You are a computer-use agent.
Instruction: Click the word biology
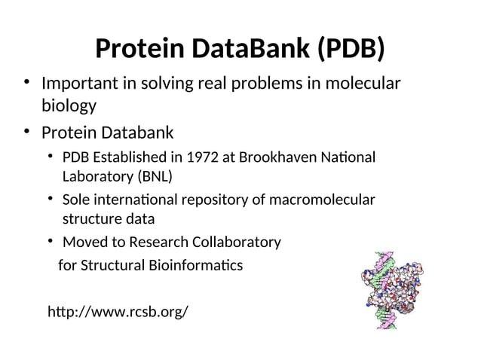(69, 105)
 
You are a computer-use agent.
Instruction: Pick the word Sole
(76, 200)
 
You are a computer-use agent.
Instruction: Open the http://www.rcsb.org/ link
(118, 311)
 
